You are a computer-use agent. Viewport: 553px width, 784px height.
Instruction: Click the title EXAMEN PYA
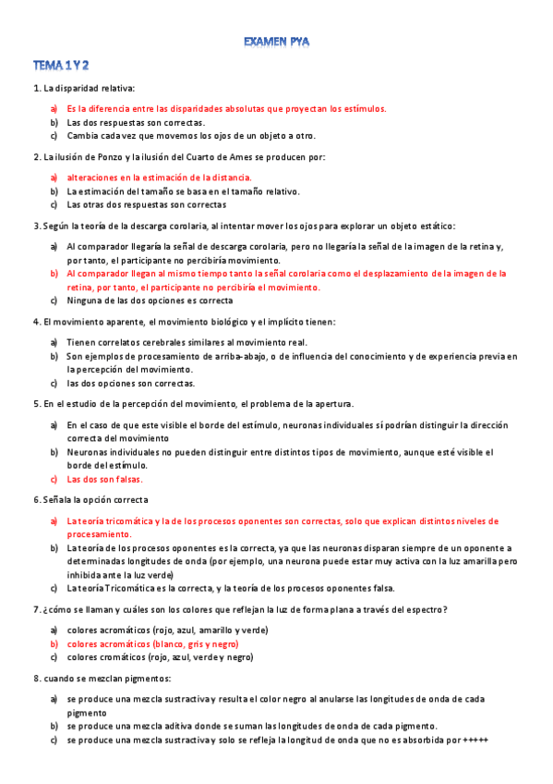click(276, 42)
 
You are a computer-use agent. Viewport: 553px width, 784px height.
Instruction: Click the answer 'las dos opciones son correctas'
click(130, 383)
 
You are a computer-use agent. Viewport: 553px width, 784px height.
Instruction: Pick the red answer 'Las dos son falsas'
click(104, 479)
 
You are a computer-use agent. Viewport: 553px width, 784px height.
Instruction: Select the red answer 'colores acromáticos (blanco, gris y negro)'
click(152, 643)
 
